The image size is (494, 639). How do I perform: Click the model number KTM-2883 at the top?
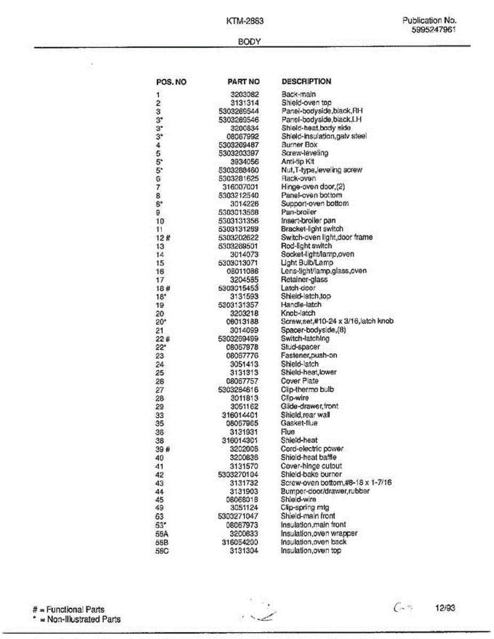(245, 21)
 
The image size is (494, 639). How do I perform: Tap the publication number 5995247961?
(434, 30)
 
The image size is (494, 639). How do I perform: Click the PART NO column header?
(244, 82)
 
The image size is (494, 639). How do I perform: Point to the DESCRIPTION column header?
(306, 81)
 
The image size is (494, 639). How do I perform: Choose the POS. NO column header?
(171, 83)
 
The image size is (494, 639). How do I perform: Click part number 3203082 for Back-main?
(245, 94)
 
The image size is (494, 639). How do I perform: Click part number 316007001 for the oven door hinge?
(240, 187)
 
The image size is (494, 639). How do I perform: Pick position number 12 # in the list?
(163, 237)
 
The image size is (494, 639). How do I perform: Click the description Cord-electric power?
(312, 449)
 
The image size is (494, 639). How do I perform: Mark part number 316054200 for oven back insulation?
(240, 542)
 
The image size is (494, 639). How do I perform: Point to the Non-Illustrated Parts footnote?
(77, 619)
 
